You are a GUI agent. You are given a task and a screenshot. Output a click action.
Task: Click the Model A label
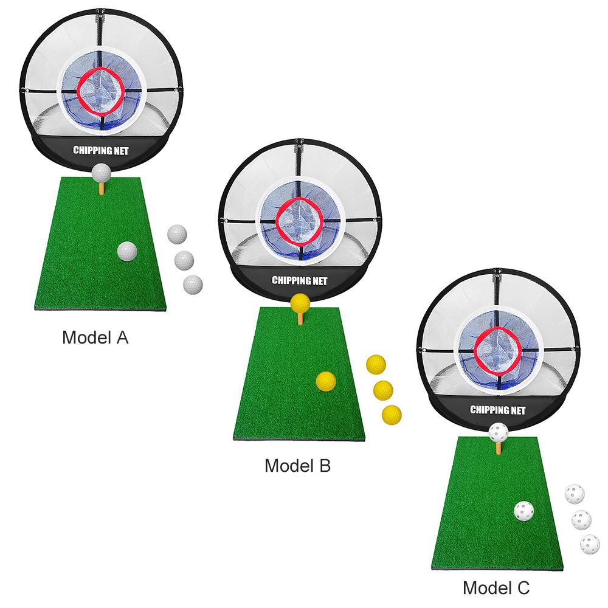point(95,338)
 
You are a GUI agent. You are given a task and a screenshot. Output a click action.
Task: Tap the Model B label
point(297,466)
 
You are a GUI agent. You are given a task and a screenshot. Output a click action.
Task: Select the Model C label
point(496,588)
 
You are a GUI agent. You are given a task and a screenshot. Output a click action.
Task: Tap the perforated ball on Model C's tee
point(498,433)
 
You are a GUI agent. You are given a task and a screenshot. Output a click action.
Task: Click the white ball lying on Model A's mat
point(128,252)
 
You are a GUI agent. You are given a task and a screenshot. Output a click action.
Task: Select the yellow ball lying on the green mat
point(326,381)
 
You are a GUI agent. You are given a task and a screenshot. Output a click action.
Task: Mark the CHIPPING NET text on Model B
point(300,280)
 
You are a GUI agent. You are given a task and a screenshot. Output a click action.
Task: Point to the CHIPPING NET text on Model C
point(498,409)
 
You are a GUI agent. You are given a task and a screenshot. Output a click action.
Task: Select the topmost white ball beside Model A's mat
point(176,234)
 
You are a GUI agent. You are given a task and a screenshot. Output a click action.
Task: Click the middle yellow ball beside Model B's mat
point(383,389)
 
